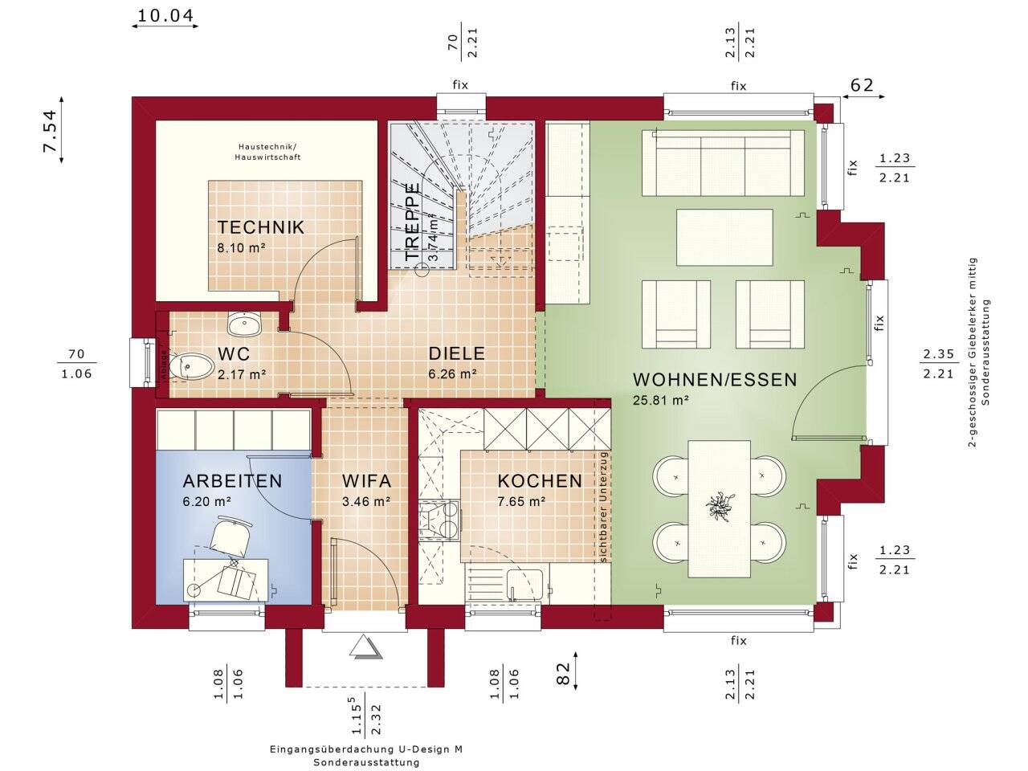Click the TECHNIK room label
point(261,227)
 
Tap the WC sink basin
point(244,324)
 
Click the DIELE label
point(457,353)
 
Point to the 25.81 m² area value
point(660,400)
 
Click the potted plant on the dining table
point(719,505)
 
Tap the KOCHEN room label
point(540,481)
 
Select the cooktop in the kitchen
point(439,520)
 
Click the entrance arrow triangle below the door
point(365,647)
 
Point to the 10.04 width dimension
point(165,16)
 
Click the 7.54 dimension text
point(50,131)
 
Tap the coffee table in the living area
point(724,238)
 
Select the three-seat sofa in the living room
point(723,162)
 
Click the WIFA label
point(366,481)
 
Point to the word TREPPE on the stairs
point(412,222)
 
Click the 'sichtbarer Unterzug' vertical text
point(603,507)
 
